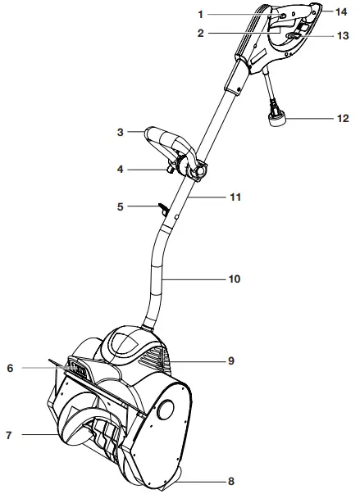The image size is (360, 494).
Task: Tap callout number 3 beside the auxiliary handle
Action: pos(120,131)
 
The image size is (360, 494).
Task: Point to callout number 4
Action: pos(120,170)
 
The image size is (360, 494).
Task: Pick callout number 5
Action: pos(120,207)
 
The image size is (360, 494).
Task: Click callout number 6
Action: pos(11,369)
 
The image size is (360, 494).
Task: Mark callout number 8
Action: pos(232,482)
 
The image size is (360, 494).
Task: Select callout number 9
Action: pos(231,360)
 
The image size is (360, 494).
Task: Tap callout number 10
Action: pos(234,279)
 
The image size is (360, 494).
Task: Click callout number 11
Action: pos(234,197)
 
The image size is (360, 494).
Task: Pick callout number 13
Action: pos(343,37)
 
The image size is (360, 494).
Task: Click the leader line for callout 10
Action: pos(197,279)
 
